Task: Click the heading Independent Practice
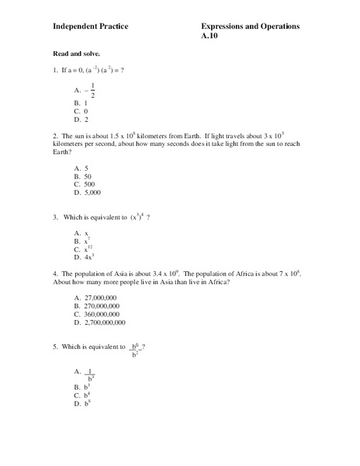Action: point(90,26)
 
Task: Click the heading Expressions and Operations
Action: point(250,26)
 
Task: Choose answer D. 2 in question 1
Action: point(81,120)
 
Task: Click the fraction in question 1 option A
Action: point(94,89)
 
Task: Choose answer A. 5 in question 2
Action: point(81,168)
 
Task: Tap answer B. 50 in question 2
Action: point(83,176)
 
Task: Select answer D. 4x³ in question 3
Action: point(84,256)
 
